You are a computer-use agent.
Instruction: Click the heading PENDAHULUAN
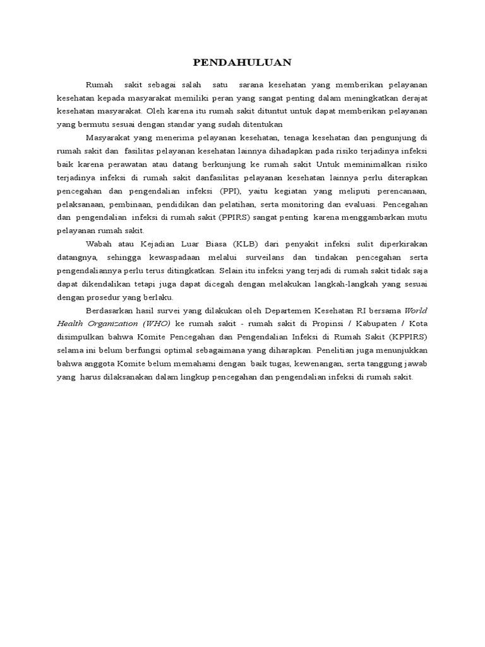(242, 62)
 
